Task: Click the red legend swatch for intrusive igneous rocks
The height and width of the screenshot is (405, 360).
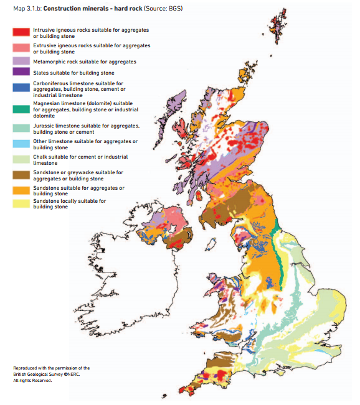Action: pos(22,32)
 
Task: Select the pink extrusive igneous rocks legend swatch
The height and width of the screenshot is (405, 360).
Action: pos(22,48)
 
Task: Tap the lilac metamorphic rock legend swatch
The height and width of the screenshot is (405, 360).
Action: pos(22,62)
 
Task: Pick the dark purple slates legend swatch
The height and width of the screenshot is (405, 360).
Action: pos(22,73)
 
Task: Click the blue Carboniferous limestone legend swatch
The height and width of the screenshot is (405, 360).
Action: pos(22,87)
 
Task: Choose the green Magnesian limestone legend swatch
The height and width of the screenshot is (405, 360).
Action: pos(22,109)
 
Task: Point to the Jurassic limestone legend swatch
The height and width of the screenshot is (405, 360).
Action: pos(22,128)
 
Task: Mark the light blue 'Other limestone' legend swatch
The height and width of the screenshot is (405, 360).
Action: pos(22,144)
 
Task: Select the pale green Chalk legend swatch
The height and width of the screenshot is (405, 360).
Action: pos(22,159)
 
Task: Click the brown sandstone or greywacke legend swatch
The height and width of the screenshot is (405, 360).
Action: pos(22,175)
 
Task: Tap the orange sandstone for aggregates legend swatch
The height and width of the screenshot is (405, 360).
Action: pos(22,190)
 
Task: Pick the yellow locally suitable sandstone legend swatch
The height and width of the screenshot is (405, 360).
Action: pos(22,203)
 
